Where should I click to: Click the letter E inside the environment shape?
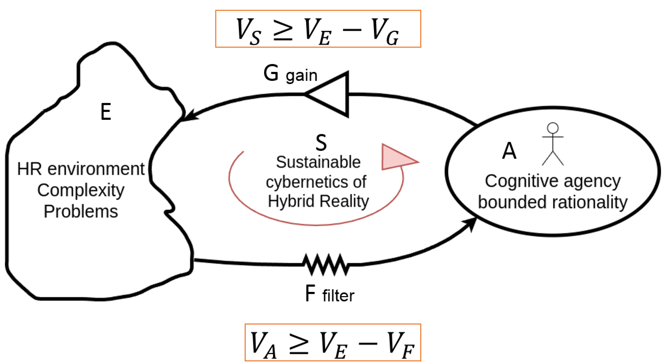click(x=106, y=112)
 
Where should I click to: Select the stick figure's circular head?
click(x=553, y=128)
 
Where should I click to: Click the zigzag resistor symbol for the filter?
click(x=326, y=265)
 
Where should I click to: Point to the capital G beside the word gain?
click(x=271, y=73)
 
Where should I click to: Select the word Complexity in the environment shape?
click(x=81, y=190)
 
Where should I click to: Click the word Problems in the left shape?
click(x=81, y=212)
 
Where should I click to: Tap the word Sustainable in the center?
click(x=318, y=162)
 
